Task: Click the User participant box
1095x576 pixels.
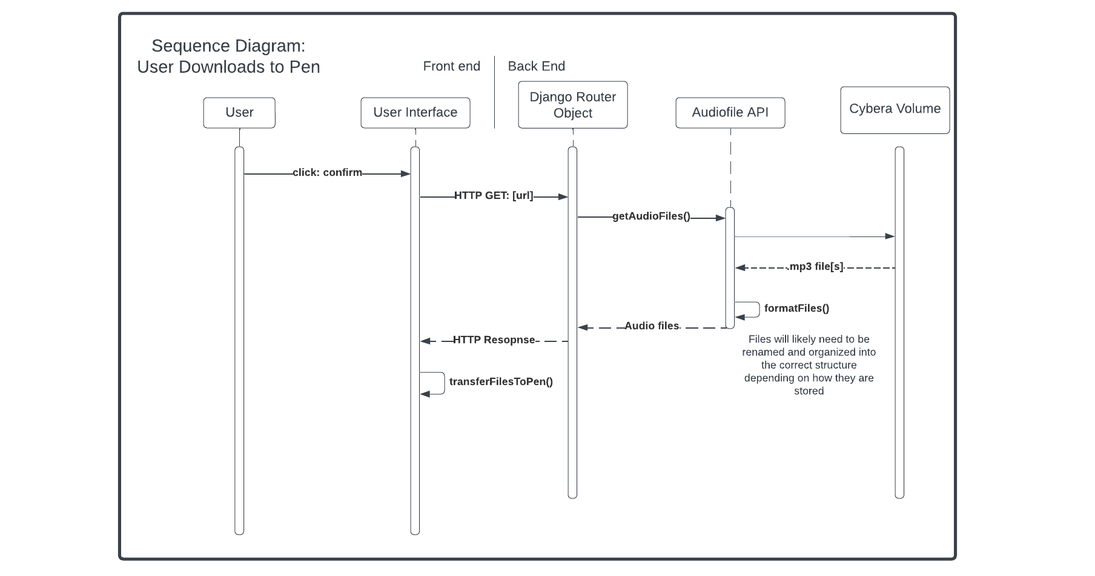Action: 239,113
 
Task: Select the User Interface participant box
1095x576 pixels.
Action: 415,113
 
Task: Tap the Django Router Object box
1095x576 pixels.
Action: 572,105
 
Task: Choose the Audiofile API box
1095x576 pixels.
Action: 730,113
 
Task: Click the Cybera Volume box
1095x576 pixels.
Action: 895,109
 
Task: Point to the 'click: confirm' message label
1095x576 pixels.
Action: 327,173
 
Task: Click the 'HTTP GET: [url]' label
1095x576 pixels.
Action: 494,196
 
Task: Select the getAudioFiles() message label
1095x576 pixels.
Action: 651,216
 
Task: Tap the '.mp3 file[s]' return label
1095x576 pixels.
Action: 815,267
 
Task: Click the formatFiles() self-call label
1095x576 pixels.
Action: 796,309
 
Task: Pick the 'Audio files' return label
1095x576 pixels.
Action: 652,326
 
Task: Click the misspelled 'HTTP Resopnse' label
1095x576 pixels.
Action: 494,340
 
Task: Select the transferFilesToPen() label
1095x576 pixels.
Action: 501,382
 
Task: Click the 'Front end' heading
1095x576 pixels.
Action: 451,67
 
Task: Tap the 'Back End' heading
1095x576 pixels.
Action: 536,67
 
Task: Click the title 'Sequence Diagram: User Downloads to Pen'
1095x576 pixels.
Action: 228,56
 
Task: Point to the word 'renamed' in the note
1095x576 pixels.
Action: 763,352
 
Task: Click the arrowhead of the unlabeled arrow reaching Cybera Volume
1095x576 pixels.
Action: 890,236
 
